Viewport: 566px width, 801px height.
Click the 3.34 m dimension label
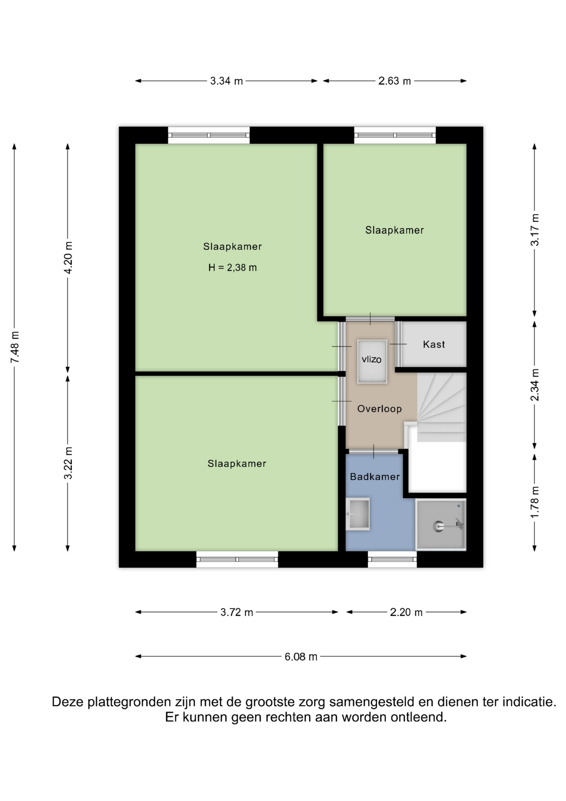226,81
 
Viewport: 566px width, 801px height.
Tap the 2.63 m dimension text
394,81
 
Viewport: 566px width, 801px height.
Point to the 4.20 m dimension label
68,257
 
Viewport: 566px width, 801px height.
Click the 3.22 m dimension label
68,463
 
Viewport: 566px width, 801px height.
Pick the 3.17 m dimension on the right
535,230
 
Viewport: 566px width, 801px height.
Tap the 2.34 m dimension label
535,385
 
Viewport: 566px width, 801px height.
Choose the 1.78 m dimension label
535,502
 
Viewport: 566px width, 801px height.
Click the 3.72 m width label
237,612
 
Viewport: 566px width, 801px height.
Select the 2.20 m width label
406,612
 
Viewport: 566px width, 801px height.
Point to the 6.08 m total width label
301,657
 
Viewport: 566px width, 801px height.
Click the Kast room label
434,344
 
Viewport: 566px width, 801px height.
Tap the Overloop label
380,408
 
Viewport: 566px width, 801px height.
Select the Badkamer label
375,476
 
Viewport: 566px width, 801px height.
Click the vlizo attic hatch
372,362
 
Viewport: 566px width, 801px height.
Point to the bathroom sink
358,514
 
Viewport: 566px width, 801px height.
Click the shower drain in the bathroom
438,526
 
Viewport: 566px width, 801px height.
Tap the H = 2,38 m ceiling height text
233,267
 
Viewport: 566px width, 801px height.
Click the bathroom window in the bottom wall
392,559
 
